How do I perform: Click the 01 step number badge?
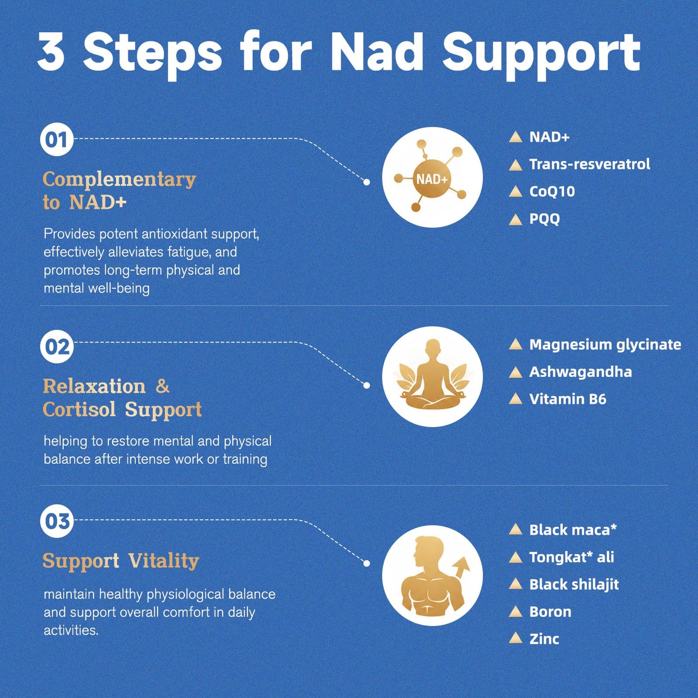[57, 140]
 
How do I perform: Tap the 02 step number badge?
[57, 347]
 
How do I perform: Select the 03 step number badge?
[57, 521]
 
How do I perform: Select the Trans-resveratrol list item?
[590, 164]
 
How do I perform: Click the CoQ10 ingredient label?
[552, 192]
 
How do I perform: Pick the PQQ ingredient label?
[544, 219]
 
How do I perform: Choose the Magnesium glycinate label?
[605, 345]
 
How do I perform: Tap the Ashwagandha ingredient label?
[580, 372]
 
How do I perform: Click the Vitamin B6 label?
[568, 399]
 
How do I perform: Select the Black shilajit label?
[574, 584]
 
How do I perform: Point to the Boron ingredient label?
[550, 612]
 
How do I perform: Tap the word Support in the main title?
[541, 54]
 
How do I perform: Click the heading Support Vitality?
[121, 561]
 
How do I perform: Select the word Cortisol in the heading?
[79, 410]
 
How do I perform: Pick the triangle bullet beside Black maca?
[515, 529]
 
